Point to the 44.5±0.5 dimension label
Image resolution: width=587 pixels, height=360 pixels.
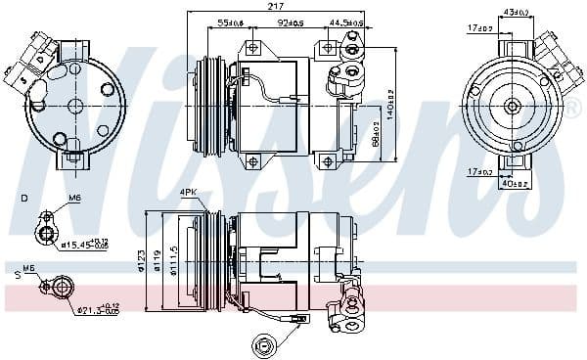347,22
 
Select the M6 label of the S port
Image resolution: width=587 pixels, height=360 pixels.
28,268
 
